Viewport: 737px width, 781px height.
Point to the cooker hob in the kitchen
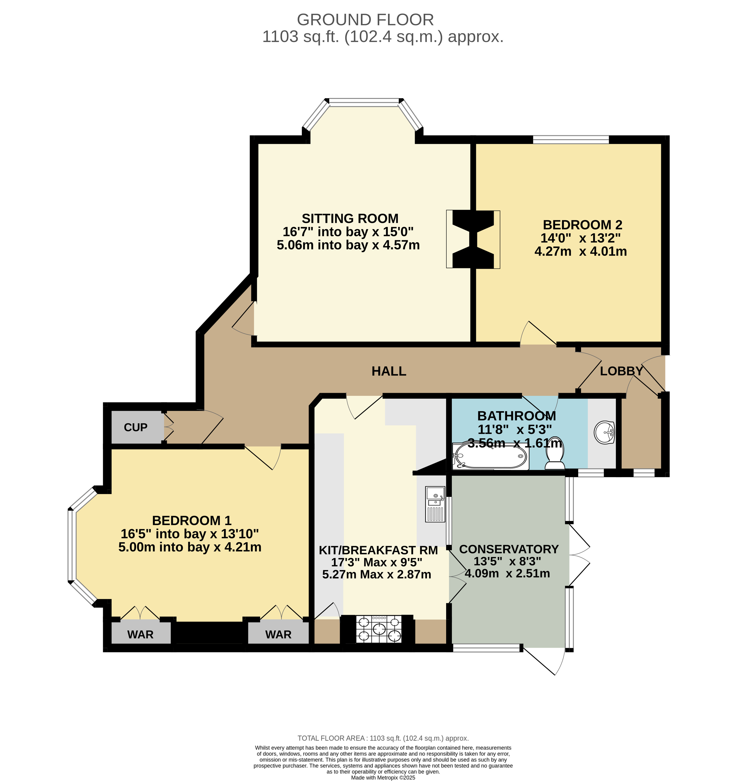(x=379, y=629)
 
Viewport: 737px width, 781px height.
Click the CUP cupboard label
(x=136, y=427)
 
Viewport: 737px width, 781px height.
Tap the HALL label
(x=389, y=371)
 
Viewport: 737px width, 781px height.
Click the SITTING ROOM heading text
(x=350, y=218)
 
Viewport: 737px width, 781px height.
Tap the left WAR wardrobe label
(x=140, y=634)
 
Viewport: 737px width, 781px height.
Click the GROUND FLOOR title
(x=365, y=20)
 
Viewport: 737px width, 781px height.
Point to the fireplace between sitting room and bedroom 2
(x=473, y=239)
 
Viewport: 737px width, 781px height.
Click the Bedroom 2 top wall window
(x=571, y=139)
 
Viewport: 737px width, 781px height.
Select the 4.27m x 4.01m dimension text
(x=581, y=251)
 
